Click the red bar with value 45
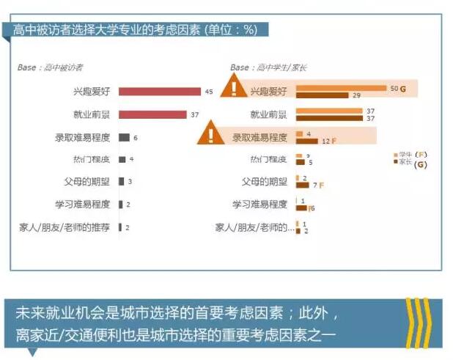159,92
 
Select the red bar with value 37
152,114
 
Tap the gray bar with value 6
124,137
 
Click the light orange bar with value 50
341,88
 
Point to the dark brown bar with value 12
307,140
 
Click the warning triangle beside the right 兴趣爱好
233,89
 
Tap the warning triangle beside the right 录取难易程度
211,134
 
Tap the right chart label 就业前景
268,114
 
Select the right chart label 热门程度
268,159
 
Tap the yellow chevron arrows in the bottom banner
419,321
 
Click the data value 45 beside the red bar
209,92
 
